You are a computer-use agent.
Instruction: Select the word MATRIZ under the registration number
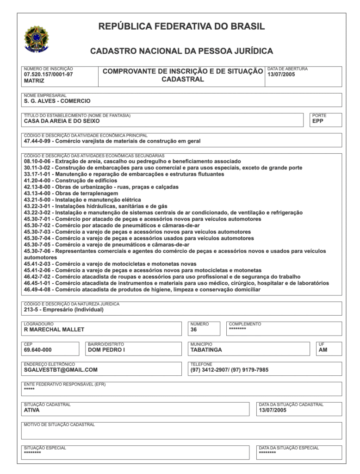[x=34, y=81]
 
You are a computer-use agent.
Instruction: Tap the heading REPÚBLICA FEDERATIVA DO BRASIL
[x=181, y=26]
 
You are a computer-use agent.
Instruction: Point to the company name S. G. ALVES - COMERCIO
[x=57, y=101]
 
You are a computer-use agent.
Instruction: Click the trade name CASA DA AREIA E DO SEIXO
[x=62, y=121]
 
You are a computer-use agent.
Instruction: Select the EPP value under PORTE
[x=318, y=121]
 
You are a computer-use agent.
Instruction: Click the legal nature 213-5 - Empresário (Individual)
[x=64, y=310]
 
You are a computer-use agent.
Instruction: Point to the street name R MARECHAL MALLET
[x=54, y=330]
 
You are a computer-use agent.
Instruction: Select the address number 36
[x=193, y=330]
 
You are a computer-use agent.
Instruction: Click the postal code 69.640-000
[x=38, y=350]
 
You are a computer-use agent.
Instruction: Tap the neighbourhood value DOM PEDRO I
[x=106, y=350]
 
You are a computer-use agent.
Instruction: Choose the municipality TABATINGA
[x=206, y=350]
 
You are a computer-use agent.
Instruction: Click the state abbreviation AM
[x=323, y=350]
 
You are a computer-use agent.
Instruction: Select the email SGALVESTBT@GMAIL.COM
[x=61, y=370]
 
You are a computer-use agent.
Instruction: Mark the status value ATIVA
[x=32, y=410]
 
